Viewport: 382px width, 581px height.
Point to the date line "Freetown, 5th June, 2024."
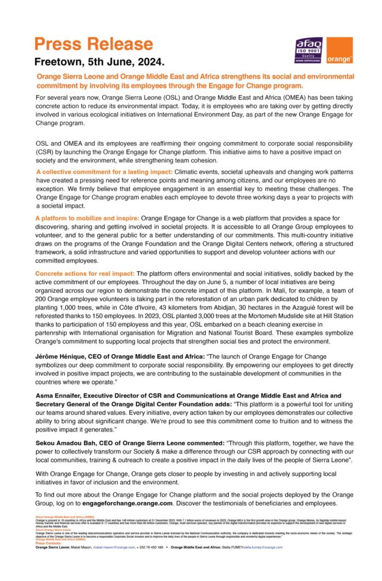(x=99, y=60)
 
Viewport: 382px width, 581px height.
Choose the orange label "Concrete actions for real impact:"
(x=85, y=273)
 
